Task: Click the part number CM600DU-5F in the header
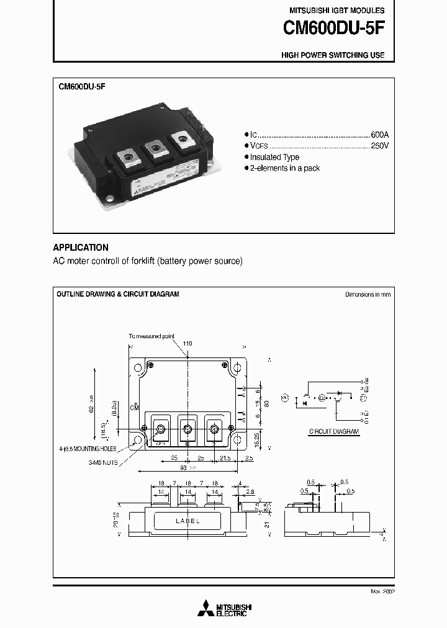coord(333,28)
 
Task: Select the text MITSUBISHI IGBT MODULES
coord(336,11)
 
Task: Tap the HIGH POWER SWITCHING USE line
coord(333,55)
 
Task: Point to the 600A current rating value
coord(379,135)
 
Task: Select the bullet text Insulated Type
coord(274,157)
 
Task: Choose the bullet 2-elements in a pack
coord(285,168)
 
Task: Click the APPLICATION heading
coord(81,247)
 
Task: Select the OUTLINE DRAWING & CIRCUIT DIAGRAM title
coord(118,294)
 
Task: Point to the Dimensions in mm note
coord(368,295)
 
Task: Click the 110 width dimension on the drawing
coord(187,343)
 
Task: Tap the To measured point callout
coord(151,336)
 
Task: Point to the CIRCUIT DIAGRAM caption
coord(334,431)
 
